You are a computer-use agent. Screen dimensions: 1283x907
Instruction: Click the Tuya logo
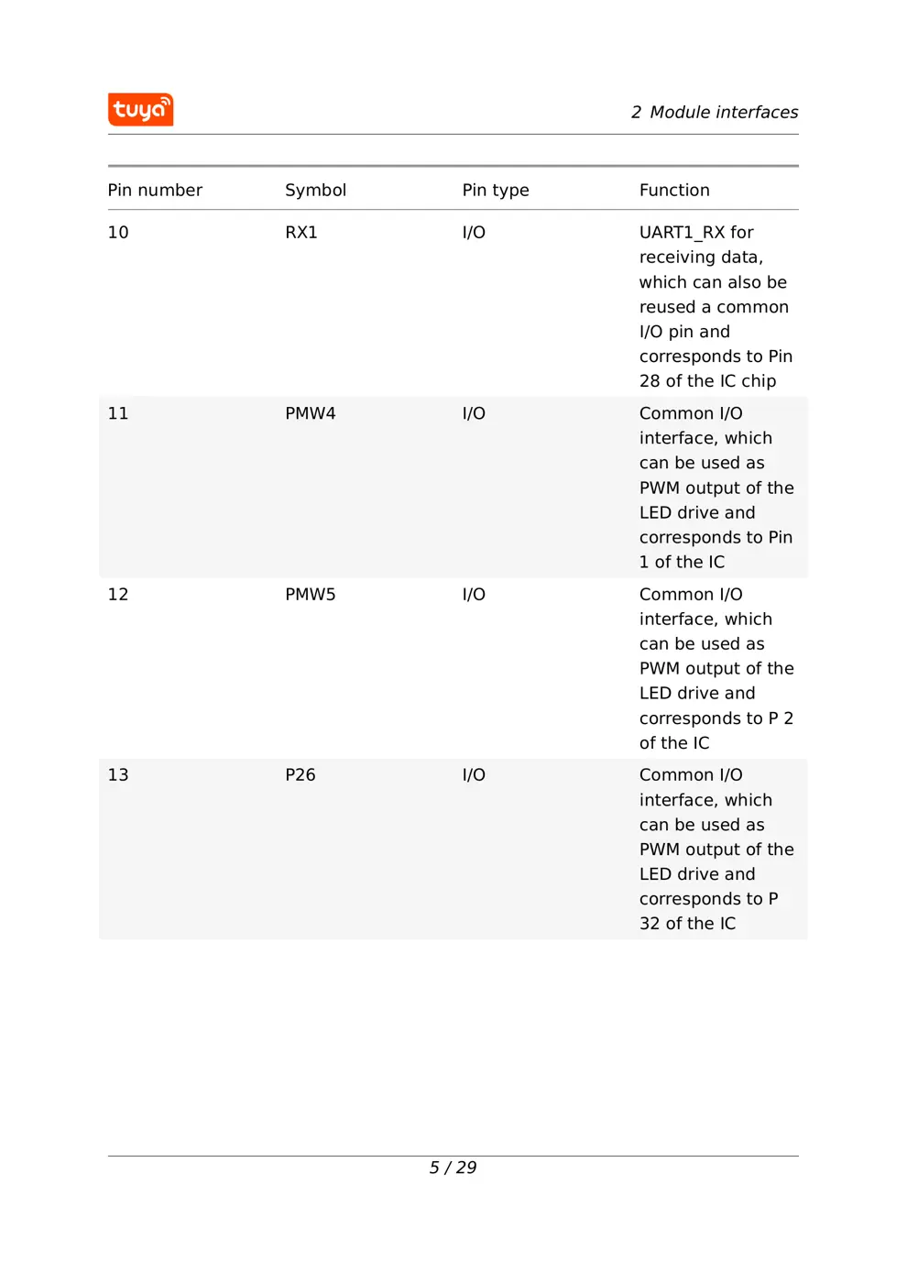click(140, 109)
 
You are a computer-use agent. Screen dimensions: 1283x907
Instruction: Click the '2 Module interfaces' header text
click(714, 112)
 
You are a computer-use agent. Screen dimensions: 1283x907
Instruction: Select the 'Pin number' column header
click(155, 190)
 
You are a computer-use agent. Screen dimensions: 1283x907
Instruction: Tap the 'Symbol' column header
click(315, 190)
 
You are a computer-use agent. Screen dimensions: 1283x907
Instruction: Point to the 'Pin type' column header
click(495, 190)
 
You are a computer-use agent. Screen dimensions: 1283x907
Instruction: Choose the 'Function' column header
click(673, 190)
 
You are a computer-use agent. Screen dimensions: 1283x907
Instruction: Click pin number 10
click(118, 232)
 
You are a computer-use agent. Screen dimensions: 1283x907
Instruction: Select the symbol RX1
click(301, 232)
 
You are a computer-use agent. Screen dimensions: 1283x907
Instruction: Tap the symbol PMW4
click(310, 413)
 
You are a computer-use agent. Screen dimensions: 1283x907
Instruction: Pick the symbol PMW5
click(310, 594)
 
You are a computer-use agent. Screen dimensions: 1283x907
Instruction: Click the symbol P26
click(300, 774)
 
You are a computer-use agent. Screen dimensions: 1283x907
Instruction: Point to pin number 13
click(118, 774)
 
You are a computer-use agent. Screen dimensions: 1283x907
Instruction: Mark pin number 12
click(118, 594)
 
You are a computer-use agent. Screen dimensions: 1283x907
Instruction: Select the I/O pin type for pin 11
click(474, 413)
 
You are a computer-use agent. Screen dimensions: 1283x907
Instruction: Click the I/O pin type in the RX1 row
click(474, 232)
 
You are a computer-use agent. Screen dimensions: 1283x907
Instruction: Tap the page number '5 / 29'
click(453, 1168)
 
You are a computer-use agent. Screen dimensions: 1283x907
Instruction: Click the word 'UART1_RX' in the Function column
click(682, 233)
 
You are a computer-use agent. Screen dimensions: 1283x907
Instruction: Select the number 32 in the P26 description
click(649, 924)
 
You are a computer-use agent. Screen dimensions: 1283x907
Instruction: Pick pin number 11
click(118, 413)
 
